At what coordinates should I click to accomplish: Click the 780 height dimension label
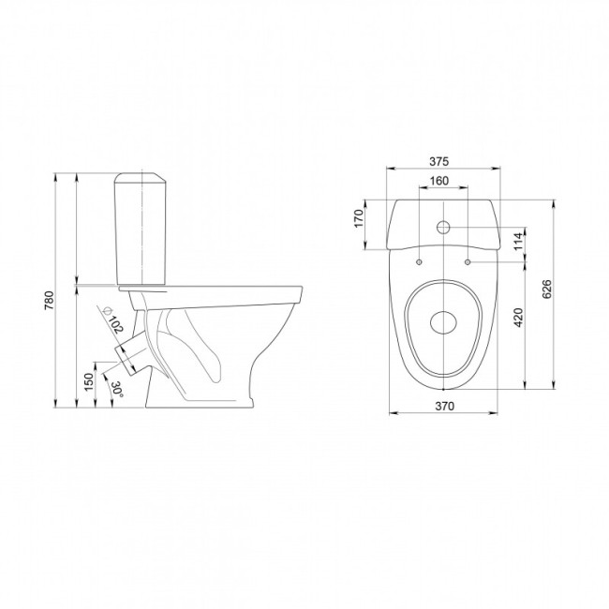tap(50, 300)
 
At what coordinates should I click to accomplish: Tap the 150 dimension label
tap(89, 382)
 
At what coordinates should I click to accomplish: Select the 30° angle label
tap(117, 389)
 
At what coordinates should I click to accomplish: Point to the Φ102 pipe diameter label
tap(113, 320)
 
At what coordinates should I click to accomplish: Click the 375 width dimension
tap(438, 161)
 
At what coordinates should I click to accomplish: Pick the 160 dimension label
tap(438, 181)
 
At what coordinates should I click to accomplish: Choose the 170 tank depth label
tap(359, 218)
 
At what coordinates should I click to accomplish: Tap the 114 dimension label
tap(519, 242)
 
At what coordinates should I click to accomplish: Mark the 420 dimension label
tap(518, 318)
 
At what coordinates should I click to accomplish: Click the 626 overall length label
tap(546, 289)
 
